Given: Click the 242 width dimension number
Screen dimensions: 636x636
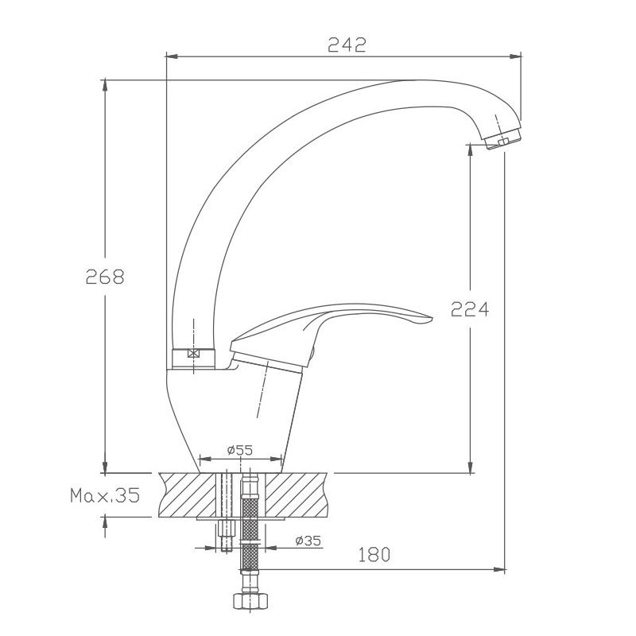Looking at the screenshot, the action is [347, 45].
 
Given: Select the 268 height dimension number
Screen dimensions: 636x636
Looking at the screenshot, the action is [105, 277].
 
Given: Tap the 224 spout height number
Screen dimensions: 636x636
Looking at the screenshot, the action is [470, 309].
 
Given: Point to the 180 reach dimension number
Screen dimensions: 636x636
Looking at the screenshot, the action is [374, 554].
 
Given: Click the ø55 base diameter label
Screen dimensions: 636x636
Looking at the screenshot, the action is [240, 450].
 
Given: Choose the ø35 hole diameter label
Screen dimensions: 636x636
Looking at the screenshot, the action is [308, 541].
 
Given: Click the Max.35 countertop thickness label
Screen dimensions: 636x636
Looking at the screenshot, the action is [105, 495].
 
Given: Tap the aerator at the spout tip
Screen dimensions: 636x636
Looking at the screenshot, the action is [502, 138].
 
